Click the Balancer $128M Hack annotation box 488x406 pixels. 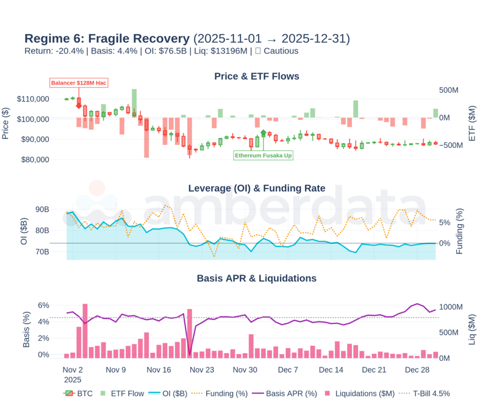[79, 83]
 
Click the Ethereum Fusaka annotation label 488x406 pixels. [264, 156]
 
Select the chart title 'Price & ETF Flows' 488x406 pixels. [257, 76]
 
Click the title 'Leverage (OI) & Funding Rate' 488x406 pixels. [257, 188]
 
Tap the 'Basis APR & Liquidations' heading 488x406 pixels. [257, 278]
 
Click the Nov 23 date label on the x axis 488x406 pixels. [201, 369]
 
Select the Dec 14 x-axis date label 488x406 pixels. [331, 369]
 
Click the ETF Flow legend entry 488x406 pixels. [122, 393]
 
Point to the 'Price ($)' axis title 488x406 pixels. [5, 119]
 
